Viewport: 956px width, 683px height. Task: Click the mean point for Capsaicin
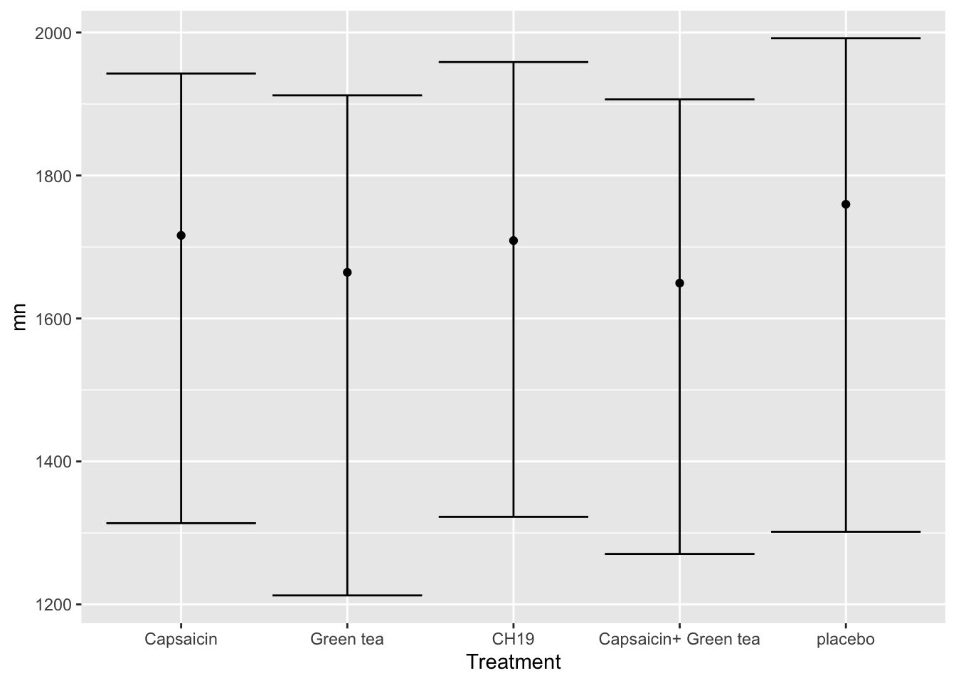[181, 235]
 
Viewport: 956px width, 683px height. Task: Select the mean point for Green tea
[347, 272]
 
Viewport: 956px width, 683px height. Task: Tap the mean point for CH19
[514, 240]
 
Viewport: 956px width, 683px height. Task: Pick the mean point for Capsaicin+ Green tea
[679, 283]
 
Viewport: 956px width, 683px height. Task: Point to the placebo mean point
[846, 204]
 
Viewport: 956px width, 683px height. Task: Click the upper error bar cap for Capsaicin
[181, 73]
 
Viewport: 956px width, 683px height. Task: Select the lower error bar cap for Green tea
[347, 595]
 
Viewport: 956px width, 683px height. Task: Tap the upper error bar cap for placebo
[846, 38]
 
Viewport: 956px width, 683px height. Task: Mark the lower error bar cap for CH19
[514, 517]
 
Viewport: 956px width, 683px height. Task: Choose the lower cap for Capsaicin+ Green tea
[679, 554]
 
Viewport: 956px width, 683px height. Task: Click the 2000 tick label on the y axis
[55, 33]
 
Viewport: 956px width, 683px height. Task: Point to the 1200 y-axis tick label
[55, 605]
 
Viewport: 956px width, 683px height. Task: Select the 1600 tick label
[55, 319]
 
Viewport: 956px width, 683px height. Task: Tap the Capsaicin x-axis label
[181, 639]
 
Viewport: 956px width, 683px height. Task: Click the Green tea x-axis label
[347, 639]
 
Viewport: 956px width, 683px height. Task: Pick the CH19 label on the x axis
[514, 639]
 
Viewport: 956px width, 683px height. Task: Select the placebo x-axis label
[846, 639]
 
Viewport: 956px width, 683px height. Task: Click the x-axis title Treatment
[514, 662]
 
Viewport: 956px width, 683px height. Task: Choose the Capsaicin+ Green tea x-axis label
[679, 639]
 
